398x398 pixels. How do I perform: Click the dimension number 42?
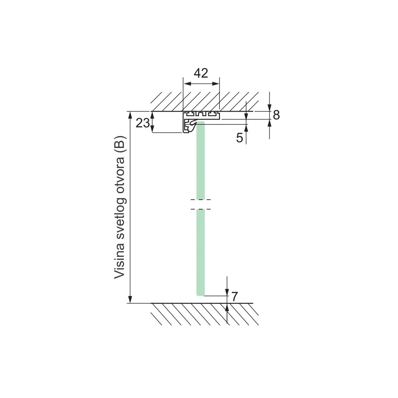(201, 73)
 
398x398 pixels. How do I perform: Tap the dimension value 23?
(143, 123)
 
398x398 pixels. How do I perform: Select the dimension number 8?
(276, 115)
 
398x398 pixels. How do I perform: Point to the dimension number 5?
(239, 138)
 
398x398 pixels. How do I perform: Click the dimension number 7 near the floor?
(234, 297)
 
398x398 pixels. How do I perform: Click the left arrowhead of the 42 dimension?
(187, 84)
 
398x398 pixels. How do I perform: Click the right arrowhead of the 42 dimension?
(216, 84)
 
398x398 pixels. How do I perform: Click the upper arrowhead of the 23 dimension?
(152, 115)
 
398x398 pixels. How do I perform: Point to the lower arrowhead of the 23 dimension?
(152, 129)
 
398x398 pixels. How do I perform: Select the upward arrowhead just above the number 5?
(246, 128)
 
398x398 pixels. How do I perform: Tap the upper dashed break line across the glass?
(201, 200)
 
